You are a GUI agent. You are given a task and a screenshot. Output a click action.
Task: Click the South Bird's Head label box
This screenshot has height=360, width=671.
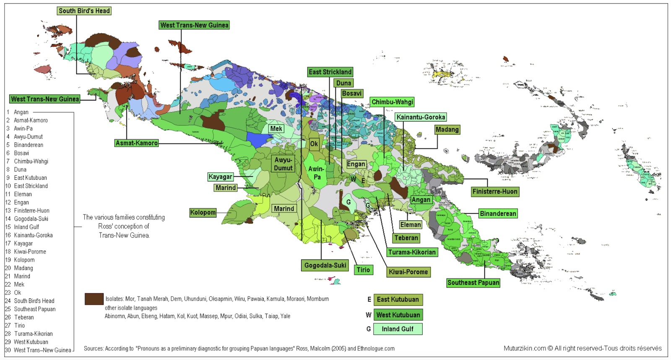click(84, 11)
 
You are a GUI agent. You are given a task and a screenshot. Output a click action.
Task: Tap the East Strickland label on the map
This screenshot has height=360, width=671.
click(330, 72)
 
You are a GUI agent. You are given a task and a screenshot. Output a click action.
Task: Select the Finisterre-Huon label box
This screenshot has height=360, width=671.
click(495, 192)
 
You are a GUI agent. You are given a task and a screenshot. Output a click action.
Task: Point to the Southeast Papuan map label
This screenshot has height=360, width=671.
click(473, 282)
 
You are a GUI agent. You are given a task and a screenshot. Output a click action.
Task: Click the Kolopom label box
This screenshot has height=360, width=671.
click(203, 212)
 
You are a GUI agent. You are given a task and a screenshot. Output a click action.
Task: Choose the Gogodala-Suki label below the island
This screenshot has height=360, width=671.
click(325, 265)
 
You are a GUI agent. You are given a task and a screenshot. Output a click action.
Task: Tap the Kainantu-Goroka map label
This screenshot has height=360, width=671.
click(421, 117)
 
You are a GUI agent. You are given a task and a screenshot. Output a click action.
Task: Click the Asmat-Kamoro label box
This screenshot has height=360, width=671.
click(137, 143)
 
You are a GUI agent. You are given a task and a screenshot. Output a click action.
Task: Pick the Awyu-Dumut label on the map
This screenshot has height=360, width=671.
click(283, 164)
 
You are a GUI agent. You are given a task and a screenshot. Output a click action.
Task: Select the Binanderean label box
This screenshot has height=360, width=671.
click(498, 214)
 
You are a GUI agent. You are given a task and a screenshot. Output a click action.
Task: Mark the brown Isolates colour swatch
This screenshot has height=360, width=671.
click(94, 299)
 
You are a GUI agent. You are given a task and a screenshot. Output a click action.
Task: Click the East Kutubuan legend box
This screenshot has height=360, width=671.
click(398, 300)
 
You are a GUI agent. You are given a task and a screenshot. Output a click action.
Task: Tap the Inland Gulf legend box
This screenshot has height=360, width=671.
click(398, 329)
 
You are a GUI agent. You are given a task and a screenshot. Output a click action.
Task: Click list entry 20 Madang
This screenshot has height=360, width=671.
click(23, 268)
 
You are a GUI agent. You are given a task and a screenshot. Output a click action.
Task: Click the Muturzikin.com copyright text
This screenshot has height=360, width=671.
click(583, 348)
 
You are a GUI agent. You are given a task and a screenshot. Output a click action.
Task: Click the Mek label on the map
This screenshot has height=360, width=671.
click(276, 129)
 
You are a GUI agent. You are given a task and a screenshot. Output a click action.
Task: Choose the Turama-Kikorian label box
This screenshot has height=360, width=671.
click(411, 252)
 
